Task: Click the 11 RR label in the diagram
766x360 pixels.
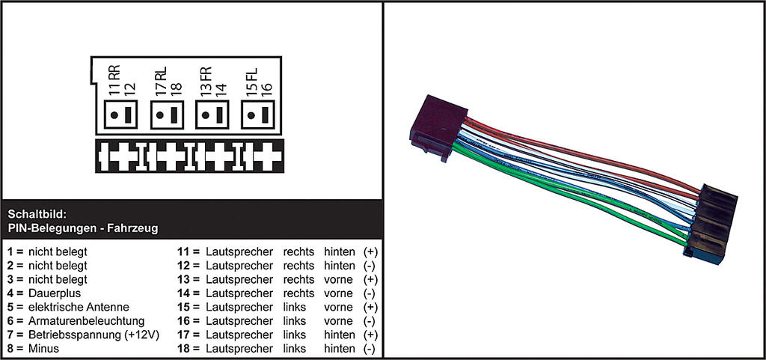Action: click(x=114, y=80)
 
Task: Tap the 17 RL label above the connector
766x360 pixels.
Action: click(x=160, y=80)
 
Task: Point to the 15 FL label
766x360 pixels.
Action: click(x=251, y=80)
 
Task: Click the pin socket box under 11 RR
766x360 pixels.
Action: click(x=120, y=115)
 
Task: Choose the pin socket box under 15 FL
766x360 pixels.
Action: click(x=258, y=115)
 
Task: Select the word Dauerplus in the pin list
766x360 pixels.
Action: click(x=55, y=293)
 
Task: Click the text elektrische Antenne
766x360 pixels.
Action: click(x=79, y=308)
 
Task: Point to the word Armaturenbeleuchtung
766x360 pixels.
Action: click(x=87, y=321)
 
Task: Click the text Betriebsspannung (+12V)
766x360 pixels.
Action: click(x=94, y=335)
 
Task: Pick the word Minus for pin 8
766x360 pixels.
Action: click(x=43, y=349)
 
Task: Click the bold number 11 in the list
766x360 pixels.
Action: click(x=183, y=252)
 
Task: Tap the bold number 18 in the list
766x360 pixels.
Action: click(x=183, y=349)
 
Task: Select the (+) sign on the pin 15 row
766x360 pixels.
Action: click(x=371, y=308)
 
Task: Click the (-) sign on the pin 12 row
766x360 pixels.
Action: click(x=370, y=266)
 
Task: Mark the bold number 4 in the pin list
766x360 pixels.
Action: click(x=10, y=293)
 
